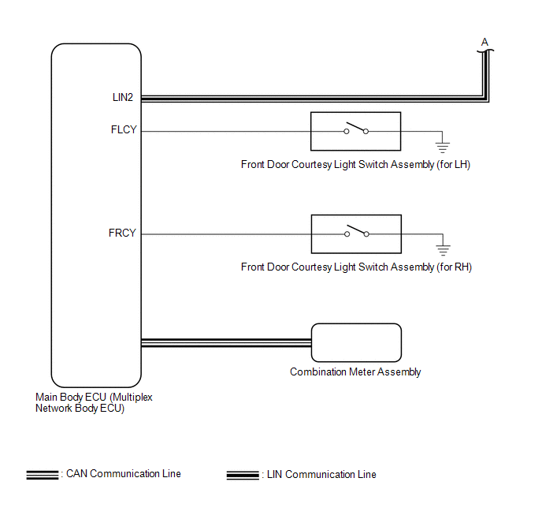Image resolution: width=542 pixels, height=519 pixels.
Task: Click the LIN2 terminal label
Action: (122, 98)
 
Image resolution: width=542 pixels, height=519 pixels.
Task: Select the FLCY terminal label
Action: (123, 130)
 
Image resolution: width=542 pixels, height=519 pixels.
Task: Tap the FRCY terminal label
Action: (122, 233)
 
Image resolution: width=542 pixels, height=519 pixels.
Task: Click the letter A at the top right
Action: (484, 41)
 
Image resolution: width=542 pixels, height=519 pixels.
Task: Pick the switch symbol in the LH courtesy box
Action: (356, 130)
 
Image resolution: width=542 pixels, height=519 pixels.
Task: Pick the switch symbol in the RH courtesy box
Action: (356, 233)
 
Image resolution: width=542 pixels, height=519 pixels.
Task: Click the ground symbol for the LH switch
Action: (442, 145)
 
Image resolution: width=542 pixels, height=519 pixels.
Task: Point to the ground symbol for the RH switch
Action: (442, 248)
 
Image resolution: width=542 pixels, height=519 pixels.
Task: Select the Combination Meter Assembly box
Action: (356, 343)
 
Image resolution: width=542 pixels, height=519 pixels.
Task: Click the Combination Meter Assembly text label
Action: (355, 372)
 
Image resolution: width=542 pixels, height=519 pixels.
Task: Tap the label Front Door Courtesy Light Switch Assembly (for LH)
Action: (356, 165)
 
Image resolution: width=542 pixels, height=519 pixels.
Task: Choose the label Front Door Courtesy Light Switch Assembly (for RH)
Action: (356, 267)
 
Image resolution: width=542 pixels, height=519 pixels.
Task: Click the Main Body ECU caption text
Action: (94, 402)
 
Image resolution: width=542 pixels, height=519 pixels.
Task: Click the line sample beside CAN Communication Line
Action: (42, 475)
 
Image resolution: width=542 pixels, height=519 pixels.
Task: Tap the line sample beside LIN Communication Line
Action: (243, 475)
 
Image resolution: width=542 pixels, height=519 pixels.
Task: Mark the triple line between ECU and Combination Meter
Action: (226, 343)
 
